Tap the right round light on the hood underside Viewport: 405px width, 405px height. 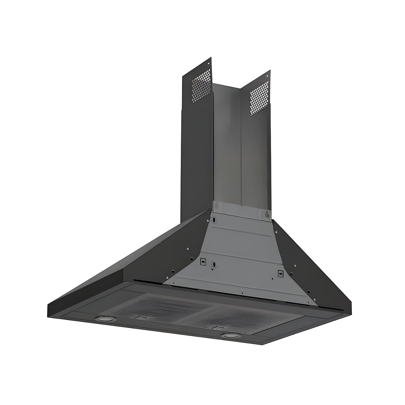click(227, 335)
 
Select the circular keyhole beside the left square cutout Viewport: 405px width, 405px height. click(214, 264)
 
